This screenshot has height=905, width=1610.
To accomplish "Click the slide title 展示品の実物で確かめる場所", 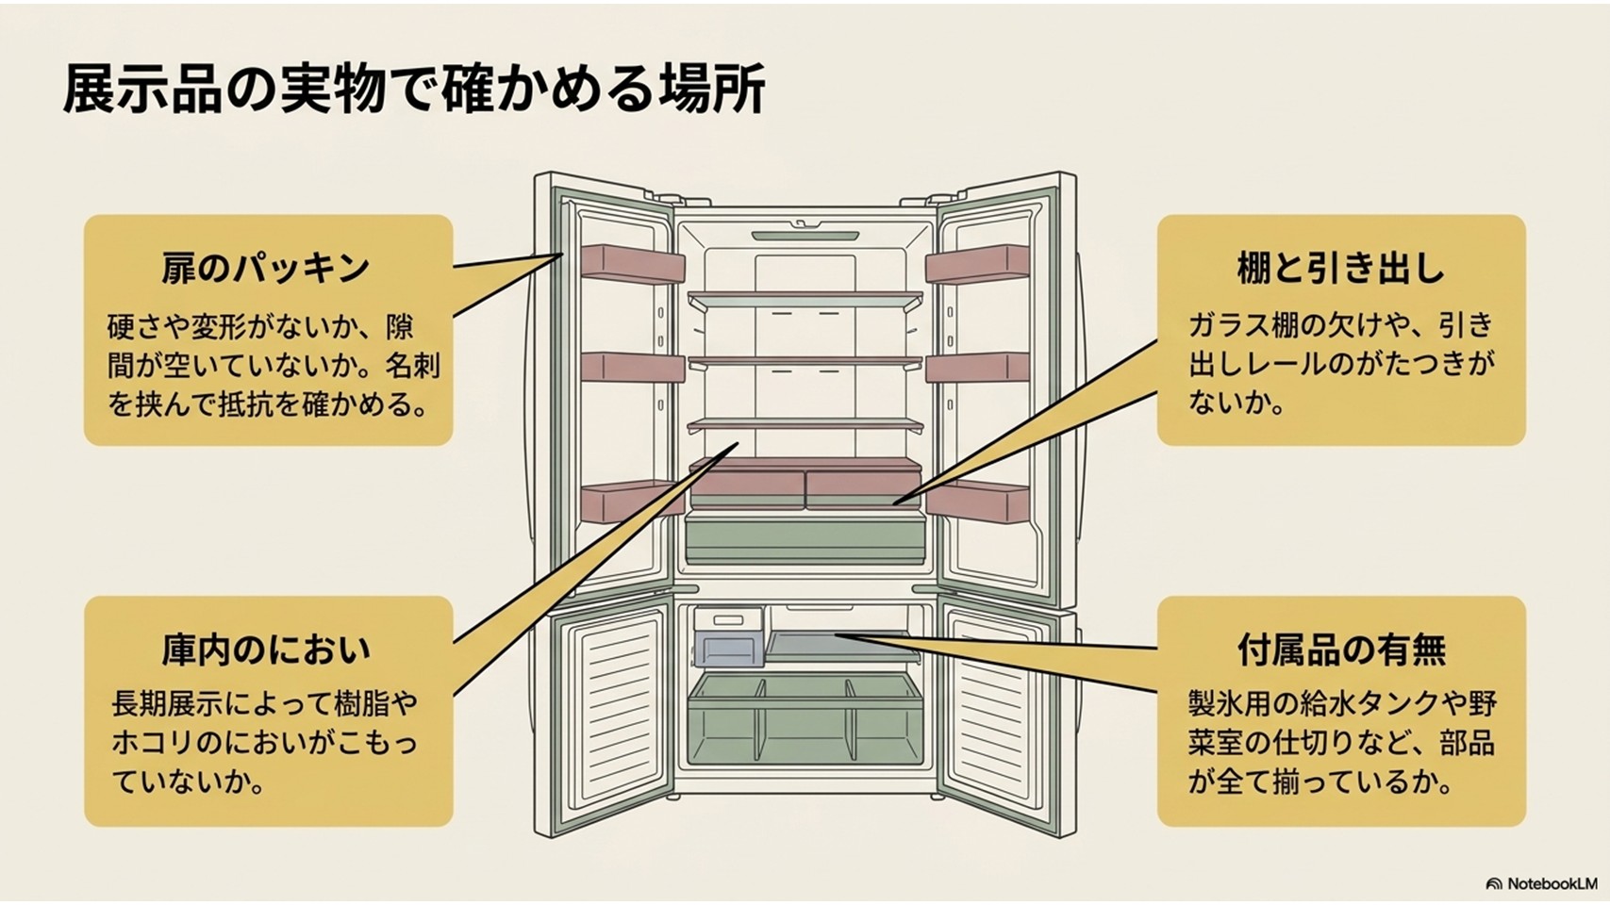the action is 414,90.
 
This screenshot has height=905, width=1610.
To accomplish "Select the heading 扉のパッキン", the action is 266,269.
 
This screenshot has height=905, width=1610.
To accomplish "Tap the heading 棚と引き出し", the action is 1341,269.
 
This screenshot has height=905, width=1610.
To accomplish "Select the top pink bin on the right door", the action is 977,264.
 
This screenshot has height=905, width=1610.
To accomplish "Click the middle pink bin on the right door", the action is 977,367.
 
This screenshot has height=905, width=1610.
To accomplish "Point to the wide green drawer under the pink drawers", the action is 805,537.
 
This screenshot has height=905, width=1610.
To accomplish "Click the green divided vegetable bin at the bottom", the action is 805,719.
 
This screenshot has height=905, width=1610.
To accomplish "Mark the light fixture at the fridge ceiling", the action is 805,235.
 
